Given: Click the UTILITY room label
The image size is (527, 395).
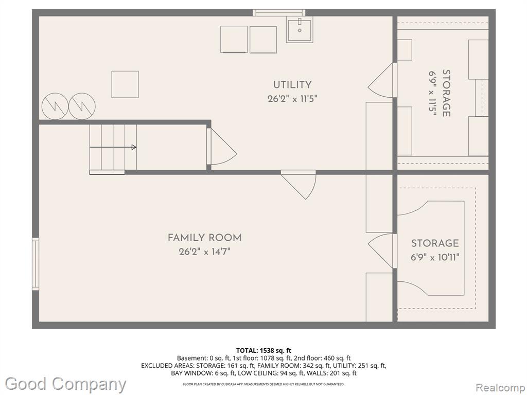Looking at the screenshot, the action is (292, 85).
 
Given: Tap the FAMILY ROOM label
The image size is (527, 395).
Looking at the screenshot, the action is (204, 238).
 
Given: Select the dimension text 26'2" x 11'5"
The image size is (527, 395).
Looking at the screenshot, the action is (292, 99).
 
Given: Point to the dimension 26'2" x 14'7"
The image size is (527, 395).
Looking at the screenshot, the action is (204, 252).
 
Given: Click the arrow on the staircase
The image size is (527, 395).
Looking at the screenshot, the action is (113, 147).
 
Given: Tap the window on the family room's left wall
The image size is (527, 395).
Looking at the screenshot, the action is (36, 264).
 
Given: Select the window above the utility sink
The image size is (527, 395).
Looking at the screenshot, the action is (279, 13).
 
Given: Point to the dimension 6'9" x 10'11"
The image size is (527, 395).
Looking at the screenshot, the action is (435, 258).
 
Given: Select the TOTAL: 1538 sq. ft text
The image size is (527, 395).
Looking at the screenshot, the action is (263, 351).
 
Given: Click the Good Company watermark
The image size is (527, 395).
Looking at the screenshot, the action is (65, 384).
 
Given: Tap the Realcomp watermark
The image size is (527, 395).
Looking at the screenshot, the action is (500, 387).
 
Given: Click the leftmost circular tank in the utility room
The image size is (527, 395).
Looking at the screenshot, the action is (55, 106).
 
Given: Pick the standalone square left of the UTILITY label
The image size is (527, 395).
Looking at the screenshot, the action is (125, 84).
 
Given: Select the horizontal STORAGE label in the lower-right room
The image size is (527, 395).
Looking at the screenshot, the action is (435, 243).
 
